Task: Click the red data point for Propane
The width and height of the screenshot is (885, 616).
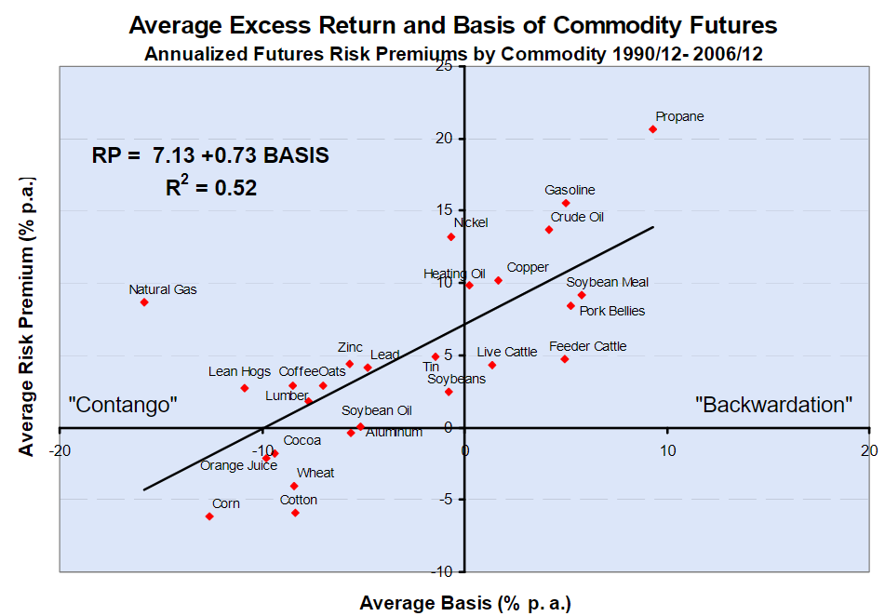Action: click(x=652, y=129)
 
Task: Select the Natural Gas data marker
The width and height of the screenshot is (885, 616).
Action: click(x=144, y=302)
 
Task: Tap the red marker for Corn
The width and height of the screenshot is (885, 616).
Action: click(x=209, y=516)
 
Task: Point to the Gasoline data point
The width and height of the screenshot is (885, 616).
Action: click(x=566, y=203)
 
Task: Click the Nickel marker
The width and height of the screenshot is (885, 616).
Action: click(x=451, y=236)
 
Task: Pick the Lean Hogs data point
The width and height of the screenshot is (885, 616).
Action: click(x=245, y=388)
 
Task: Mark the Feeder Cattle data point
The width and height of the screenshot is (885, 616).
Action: click(x=564, y=359)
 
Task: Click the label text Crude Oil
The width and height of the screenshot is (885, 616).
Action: click(x=577, y=218)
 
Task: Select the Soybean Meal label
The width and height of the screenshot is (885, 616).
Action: click(x=607, y=282)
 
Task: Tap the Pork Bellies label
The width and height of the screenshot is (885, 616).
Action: click(x=611, y=311)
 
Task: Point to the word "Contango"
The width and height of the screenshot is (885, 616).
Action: click(x=123, y=405)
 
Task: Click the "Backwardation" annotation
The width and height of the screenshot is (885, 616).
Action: click(x=774, y=405)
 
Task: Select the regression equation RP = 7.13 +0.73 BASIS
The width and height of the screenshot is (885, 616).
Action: click(x=210, y=155)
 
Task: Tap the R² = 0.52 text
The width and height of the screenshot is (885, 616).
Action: click(x=210, y=187)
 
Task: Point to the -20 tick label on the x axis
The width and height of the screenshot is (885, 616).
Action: click(x=60, y=449)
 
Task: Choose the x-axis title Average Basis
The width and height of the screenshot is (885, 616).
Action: click(x=464, y=602)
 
